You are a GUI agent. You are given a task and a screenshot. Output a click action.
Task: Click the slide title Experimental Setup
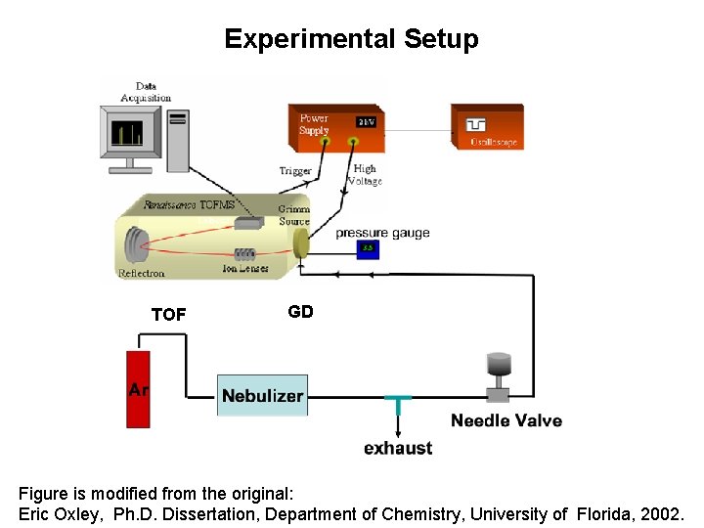coord(351,39)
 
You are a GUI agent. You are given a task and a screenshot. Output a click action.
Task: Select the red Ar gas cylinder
coord(139,388)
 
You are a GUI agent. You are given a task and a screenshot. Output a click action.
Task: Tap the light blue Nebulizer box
coord(262,395)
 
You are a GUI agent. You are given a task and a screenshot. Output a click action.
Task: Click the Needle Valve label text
coord(506,420)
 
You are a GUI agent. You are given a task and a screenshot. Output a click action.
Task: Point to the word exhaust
coord(398,448)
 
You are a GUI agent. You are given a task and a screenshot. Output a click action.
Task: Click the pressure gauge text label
coord(382,233)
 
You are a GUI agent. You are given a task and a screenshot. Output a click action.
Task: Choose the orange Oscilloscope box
coord(486,127)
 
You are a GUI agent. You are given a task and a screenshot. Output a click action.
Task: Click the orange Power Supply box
coord(335,127)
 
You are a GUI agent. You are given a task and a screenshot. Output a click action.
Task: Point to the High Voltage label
coord(365,175)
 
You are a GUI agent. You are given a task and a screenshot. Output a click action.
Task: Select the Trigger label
coord(295,171)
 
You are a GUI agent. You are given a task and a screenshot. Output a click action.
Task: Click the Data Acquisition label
coord(146,92)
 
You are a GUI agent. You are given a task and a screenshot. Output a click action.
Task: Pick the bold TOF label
coord(168,315)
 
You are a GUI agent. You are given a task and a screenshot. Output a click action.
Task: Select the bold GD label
coord(300,312)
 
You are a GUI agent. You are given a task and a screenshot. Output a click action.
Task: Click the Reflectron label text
coord(142,274)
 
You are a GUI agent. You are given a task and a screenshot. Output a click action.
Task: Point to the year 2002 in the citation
coord(665,513)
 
